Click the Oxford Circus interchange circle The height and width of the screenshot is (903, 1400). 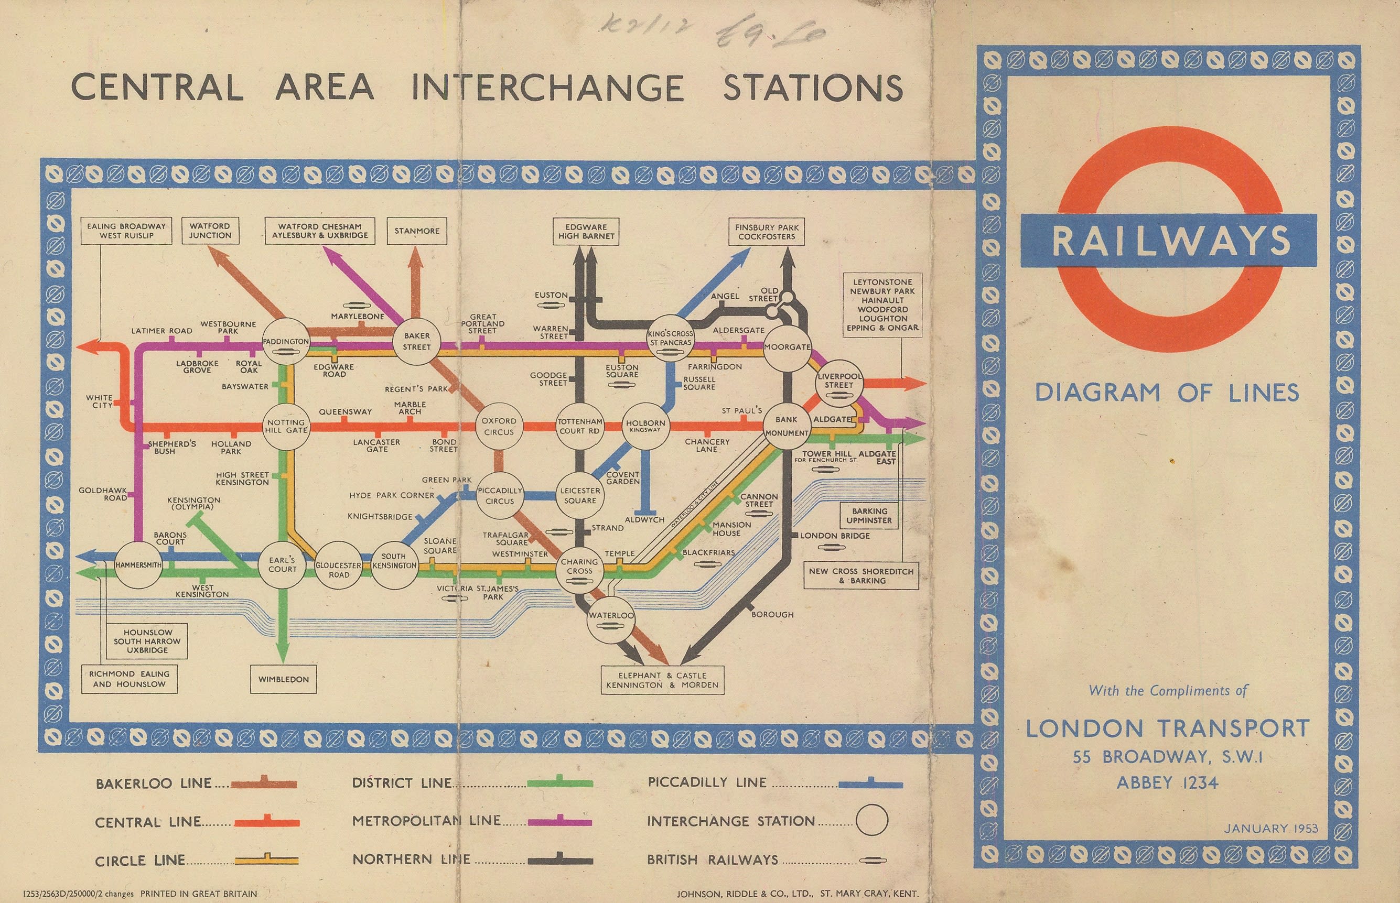click(499, 426)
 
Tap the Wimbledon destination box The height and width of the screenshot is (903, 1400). click(283, 679)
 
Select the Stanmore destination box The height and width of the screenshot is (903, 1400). click(416, 231)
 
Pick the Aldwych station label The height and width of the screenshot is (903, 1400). click(644, 519)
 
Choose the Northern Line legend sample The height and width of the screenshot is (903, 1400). click(559, 860)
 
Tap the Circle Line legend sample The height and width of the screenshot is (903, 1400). click(266, 860)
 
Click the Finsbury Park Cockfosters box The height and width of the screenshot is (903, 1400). click(767, 232)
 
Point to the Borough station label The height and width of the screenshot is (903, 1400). click(772, 615)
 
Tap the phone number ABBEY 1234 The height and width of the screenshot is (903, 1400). click(1167, 783)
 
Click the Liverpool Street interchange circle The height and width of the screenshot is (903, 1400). click(839, 382)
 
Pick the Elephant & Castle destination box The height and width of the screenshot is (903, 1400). click(662, 680)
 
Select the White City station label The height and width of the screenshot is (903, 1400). click(99, 401)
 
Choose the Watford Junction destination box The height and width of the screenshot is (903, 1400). click(210, 231)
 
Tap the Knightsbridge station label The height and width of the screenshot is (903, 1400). click(380, 517)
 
